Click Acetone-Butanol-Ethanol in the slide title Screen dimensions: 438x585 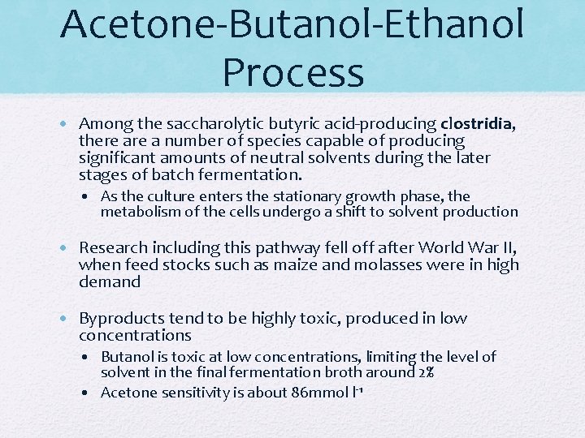coord(292,24)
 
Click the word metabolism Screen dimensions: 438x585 coord(139,212)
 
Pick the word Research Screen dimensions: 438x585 coord(114,248)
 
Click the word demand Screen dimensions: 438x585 coord(109,282)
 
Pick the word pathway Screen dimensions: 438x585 coord(266,248)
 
